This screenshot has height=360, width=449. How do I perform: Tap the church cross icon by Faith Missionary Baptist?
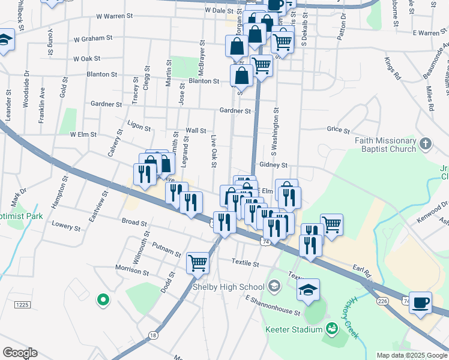point(426,143)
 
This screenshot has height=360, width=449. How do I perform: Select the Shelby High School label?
point(228,287)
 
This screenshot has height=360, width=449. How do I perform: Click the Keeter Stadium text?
point(294,329)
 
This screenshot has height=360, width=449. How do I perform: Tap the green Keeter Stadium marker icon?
point(331,328)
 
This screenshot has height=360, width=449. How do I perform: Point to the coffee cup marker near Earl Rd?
point(420,302)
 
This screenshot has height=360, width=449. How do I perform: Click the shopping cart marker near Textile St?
point(197,262)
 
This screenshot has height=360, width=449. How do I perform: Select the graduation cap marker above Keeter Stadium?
point(308,289)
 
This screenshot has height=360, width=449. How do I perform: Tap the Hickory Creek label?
point(354,317)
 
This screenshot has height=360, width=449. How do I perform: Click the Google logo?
point(20,353)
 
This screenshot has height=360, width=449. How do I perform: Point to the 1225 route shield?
point(22,305)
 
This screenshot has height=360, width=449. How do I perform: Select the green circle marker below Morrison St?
point(103,299)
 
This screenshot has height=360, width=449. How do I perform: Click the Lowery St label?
point(66,227)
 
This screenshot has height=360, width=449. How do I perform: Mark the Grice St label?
point(339,130)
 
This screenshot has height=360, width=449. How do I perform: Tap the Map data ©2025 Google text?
point(411,355)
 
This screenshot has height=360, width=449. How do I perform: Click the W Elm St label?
point(83,134)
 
